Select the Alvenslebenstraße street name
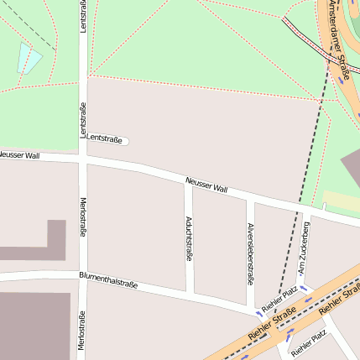250,252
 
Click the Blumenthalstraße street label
108,279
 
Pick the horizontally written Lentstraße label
105,138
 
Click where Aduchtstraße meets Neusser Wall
189,180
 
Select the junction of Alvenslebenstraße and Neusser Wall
250,199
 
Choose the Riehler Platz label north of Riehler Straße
279,298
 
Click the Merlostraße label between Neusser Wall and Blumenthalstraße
82,217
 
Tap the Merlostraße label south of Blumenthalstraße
82,331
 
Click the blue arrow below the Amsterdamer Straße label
343,74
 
